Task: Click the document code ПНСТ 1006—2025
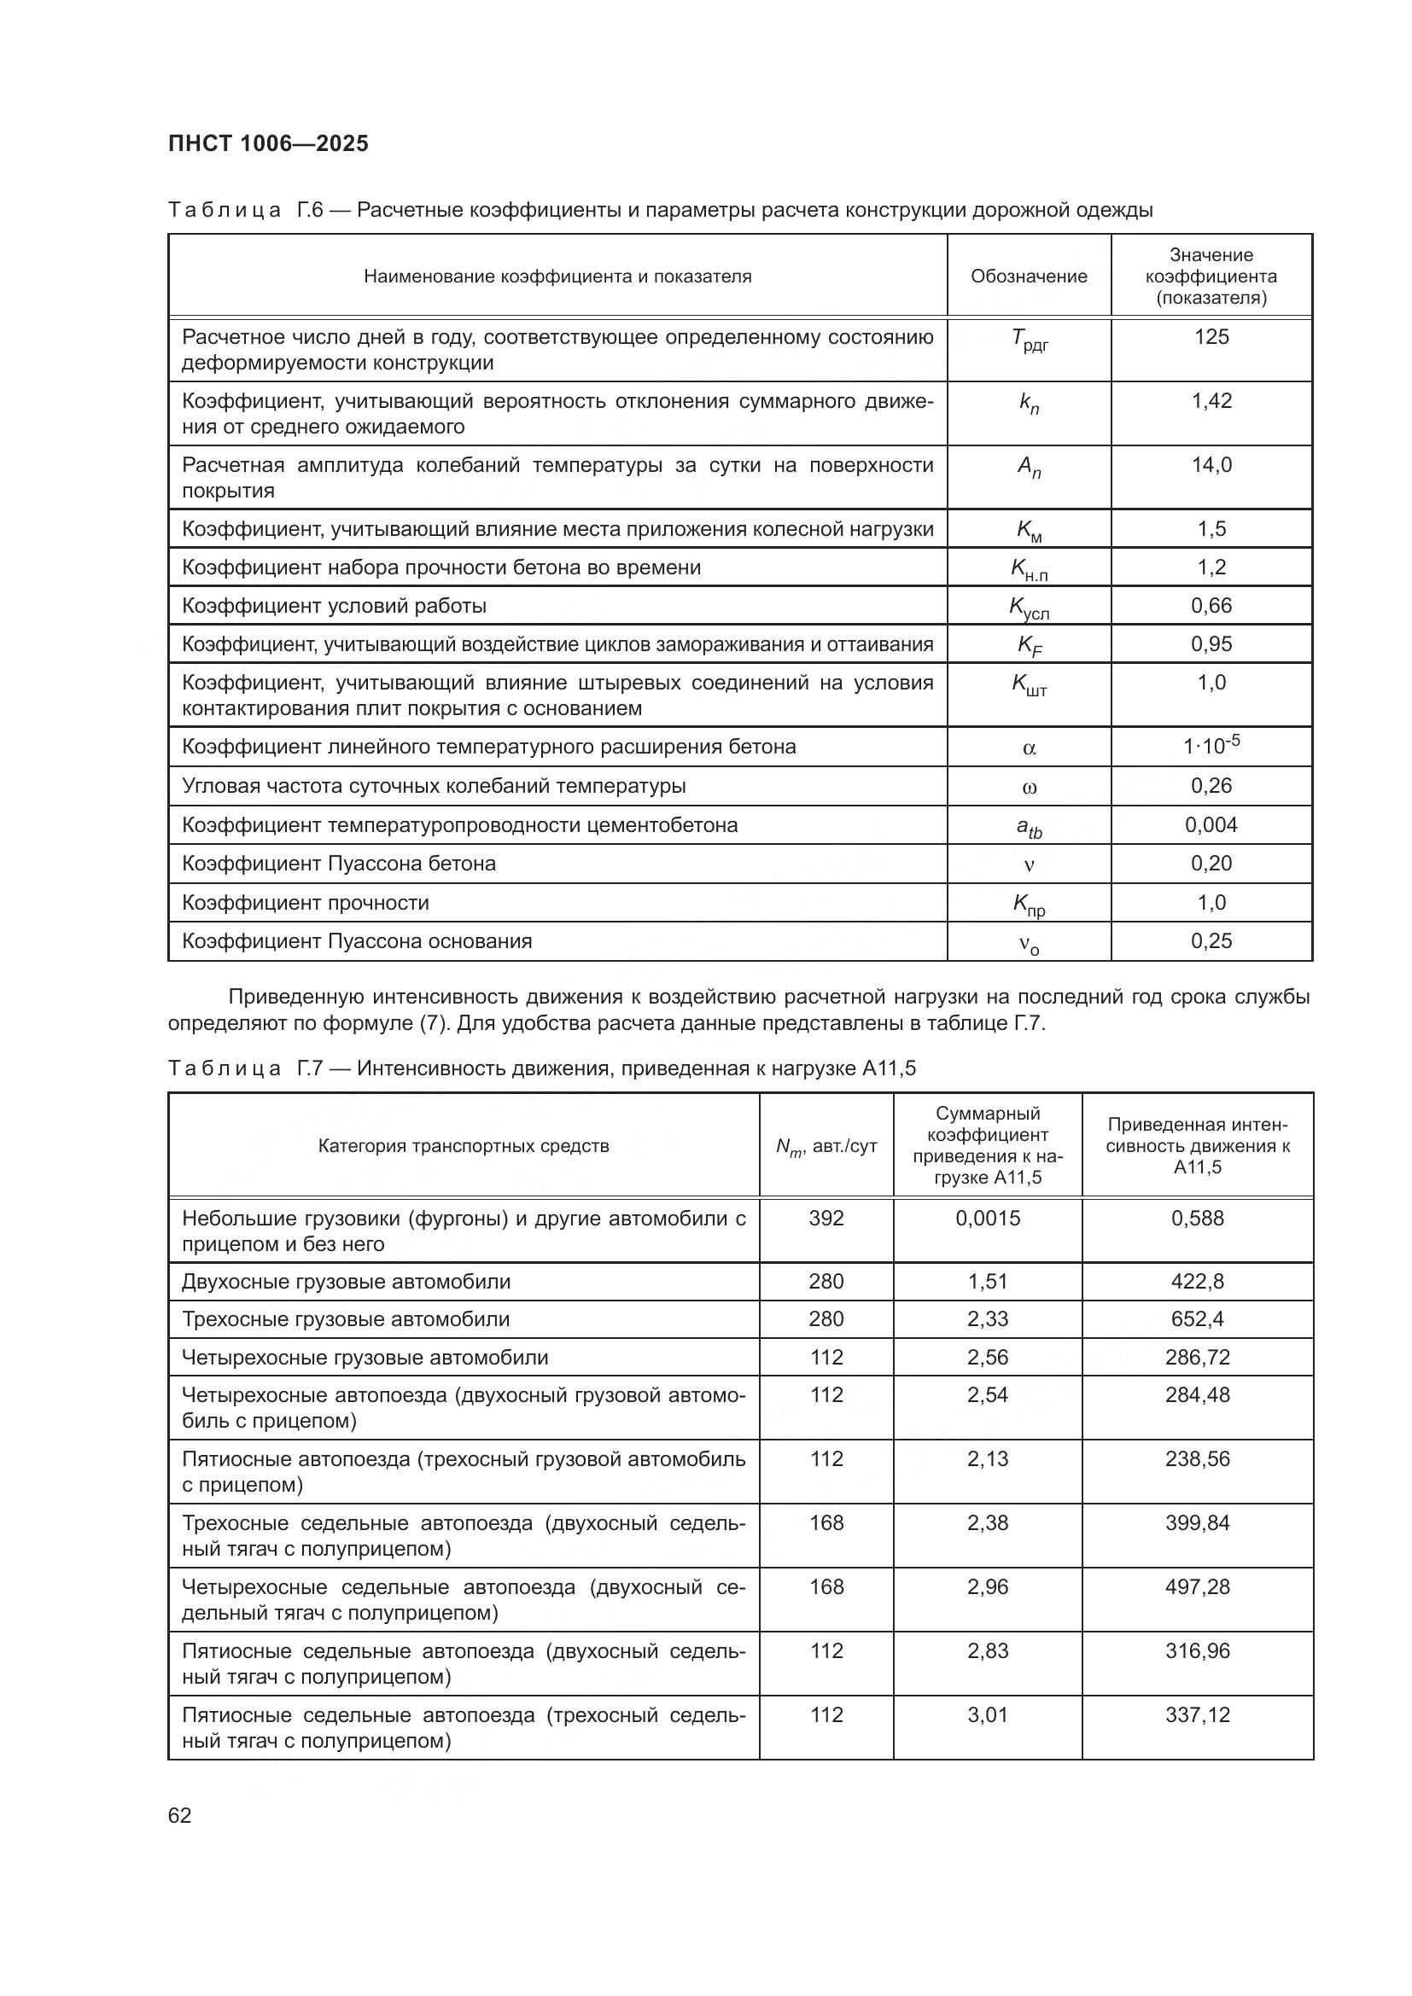tap(268, 143)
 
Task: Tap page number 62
tap(180, 1815)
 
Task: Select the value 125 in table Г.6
tap(1211, 337)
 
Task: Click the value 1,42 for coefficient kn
tap(1211, 402)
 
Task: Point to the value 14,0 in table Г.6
tap(1211, 465)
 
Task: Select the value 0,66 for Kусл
tap(1211, 606)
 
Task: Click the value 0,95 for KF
tap(1211, 644)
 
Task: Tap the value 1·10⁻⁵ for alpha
tap(1211, 746)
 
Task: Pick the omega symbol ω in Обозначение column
tap(1029, 788)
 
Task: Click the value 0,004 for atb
tap(1211, 825)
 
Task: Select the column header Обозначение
tap(1029, 276)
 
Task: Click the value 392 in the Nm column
tap(826, 1218)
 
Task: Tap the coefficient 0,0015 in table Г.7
tap(988, 1218)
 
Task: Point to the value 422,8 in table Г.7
tap(1197, 1282)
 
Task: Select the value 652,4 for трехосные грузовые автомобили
tap(1197, 1318)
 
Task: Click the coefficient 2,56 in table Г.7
tap(988, 1357)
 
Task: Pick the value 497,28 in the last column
tap(1197, 1586)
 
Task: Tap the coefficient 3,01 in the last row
tap(988, 1714)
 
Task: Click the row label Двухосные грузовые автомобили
tap(346, 1282)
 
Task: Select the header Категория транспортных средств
tap(464, 1146)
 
